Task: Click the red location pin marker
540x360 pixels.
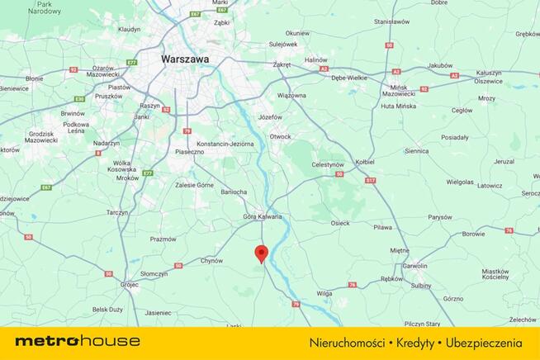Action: point(262,253)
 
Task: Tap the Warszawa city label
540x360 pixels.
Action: point(186,59)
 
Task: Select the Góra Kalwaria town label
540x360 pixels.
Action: point(262,216)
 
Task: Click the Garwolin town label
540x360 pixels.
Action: point(414,266)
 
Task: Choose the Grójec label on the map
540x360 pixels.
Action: point(129,284)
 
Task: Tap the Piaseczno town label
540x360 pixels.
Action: point(189,152)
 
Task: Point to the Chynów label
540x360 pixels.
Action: point(212,261)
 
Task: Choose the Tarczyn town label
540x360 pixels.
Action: point(116,211)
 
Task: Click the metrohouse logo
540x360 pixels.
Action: point(78,341)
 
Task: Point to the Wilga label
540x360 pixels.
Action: point(324,292)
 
